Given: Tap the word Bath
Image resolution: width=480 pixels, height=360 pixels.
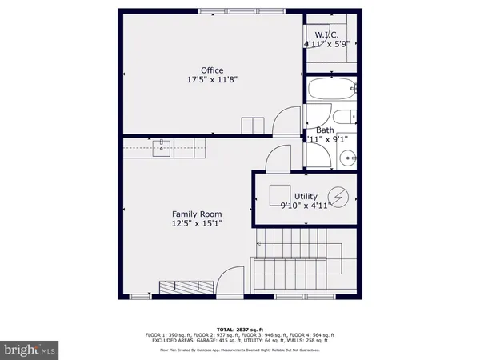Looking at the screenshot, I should pos(326,130).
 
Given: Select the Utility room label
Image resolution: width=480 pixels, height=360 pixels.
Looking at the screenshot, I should pos(306,196).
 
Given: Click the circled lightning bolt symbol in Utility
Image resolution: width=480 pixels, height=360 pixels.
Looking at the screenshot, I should pos(339,197).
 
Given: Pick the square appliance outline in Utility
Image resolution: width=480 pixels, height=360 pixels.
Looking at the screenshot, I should pos(280,196).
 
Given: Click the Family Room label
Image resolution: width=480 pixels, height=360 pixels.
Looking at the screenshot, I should pos(197,214).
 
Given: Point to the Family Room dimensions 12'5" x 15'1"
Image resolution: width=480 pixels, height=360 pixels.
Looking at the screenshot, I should pos(197,224).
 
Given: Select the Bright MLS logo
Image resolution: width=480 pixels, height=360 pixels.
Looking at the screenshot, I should pos(30,349).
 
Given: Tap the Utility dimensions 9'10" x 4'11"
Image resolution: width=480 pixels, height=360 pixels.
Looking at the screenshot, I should pos(306,206).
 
